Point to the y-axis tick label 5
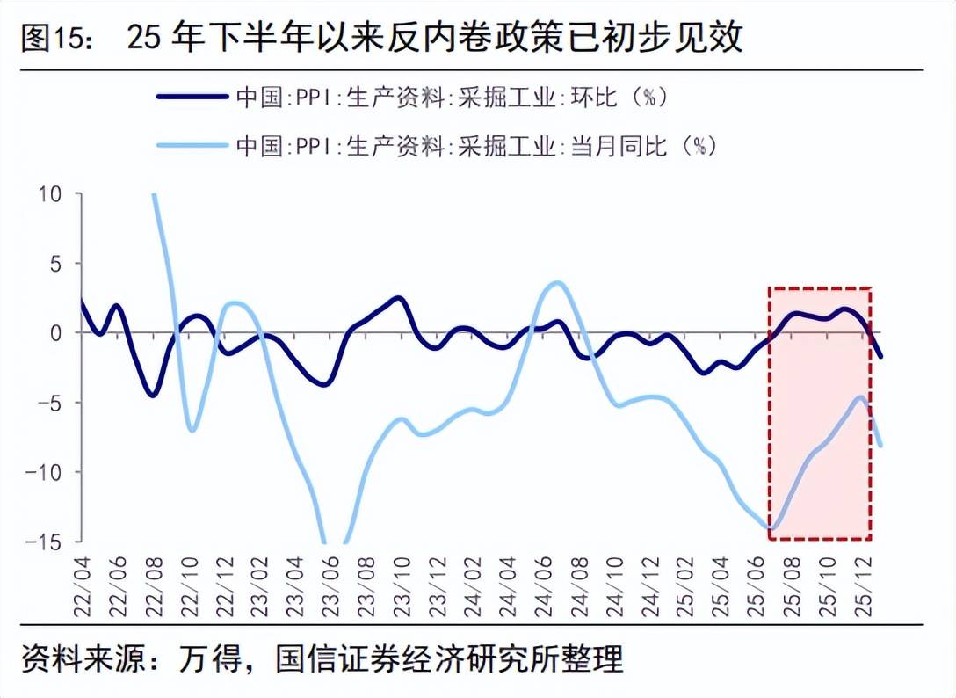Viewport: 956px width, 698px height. pos(55,264)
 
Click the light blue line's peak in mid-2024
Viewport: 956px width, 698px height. pos(559,282)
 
